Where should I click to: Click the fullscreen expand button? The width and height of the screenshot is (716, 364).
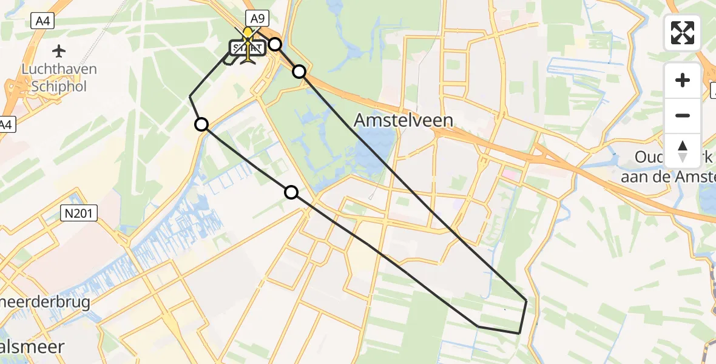click(x=683, y=33)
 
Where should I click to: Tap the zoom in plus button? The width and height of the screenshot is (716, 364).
click(x=683, y=80)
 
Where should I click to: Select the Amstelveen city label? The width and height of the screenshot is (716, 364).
click(x=403, y=120)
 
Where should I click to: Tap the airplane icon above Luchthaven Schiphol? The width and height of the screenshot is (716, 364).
click(x=59, y=50)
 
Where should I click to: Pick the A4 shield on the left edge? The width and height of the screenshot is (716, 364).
click(x=6, y=125)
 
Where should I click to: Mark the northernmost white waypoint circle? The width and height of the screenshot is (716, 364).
click(x=275, y=44)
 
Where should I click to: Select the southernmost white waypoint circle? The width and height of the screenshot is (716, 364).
click(x=291, y=192)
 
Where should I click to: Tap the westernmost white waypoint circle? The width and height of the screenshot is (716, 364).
click(x=201, y=124)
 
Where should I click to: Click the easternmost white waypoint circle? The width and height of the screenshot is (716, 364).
click(x=299, y=72)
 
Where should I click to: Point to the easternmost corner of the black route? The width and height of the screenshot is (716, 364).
click(x=526, y=300)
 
